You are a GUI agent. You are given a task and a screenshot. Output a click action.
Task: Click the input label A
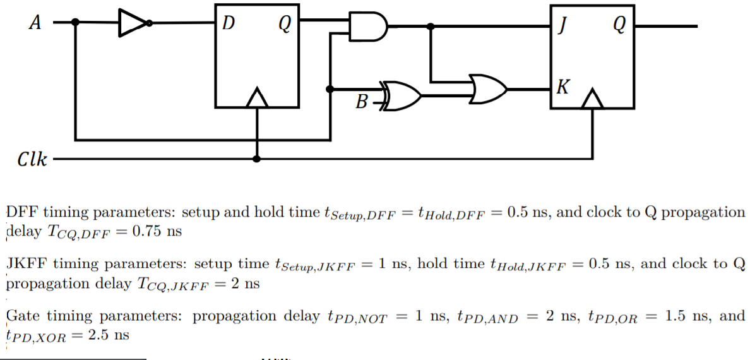click(35, 23)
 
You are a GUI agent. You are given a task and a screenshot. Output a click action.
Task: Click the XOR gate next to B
click(403, 96)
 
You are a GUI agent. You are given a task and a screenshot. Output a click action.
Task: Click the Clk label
click(32, 159)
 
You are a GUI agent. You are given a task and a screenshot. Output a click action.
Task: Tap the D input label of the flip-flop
click(229, 25)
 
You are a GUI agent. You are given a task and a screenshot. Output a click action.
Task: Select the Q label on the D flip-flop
click(285, 25)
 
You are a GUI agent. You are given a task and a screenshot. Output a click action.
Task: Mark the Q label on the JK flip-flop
click(619, 25)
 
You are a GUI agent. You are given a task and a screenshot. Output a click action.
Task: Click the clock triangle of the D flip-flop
click(256, 98)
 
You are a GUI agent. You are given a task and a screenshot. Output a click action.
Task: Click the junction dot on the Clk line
click(256, 159)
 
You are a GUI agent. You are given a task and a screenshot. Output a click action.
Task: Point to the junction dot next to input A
click(76, 23)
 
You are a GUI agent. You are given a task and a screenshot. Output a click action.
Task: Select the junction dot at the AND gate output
click(431, 27)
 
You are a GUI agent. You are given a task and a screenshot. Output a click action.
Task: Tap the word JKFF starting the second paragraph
click(25, 264)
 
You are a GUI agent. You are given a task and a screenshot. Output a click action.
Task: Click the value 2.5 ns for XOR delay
click(109, 335)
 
